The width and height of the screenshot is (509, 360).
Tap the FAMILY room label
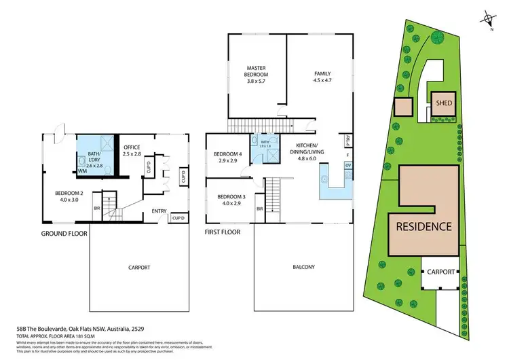click(x=322, y=73)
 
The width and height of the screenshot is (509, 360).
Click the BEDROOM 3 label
click(x=229, y=197)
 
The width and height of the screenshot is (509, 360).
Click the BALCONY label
click(x=303, y=267)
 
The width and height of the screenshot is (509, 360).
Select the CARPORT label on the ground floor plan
click(x=138, y=267)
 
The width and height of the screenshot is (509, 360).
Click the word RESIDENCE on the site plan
click(x=423, y=226)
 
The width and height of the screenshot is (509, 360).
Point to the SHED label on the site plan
click(x=444, y=103)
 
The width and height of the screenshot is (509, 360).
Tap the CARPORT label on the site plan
click(x=440, y=272)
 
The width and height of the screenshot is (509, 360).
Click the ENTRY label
click(x=159, y=211)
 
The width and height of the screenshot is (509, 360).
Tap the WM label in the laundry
click(x=82, y=171)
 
